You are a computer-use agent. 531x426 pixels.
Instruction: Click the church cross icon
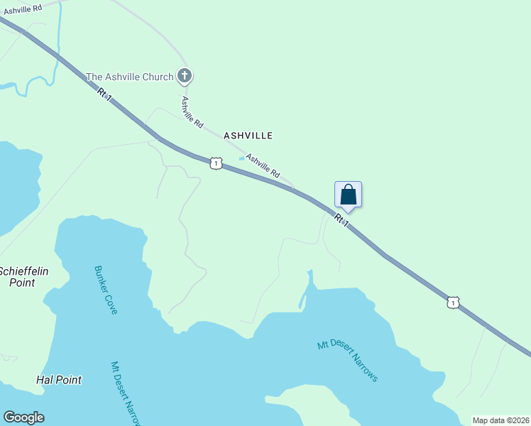tap(185, 75)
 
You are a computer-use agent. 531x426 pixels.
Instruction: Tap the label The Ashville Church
tap(131, 76)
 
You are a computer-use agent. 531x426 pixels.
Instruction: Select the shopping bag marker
tap(348, 194)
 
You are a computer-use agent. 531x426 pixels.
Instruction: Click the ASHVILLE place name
tap(248, 135)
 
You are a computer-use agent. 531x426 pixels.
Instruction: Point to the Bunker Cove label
tap(106, 290)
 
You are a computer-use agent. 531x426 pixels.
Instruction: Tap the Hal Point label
tap(59, 380)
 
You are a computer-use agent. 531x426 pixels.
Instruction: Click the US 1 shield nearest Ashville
tap(217, 163)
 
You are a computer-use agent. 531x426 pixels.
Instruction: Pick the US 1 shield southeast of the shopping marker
tap(453, 302)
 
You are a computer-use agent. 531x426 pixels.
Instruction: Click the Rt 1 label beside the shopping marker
tap(342, 221)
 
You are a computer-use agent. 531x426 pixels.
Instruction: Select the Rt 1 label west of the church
tap(105, 94)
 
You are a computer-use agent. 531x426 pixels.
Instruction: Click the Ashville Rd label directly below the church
tap(192, 112)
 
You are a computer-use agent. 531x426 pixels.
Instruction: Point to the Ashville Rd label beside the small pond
tap(263, 166)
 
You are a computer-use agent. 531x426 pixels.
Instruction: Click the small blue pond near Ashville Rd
tap(242, 158)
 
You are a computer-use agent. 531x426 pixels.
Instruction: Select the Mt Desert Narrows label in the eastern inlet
tap(347, 361)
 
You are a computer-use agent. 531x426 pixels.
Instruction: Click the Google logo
tap(23, 417)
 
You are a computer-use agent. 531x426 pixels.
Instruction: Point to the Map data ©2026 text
tap(501, 420)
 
